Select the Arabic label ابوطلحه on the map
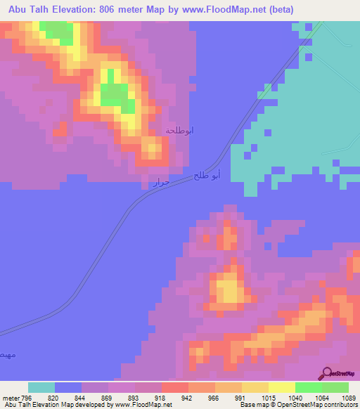(179, 131)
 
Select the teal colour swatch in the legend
(41, 387)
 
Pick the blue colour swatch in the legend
(68, 387)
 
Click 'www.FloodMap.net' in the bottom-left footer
(143, 405)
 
